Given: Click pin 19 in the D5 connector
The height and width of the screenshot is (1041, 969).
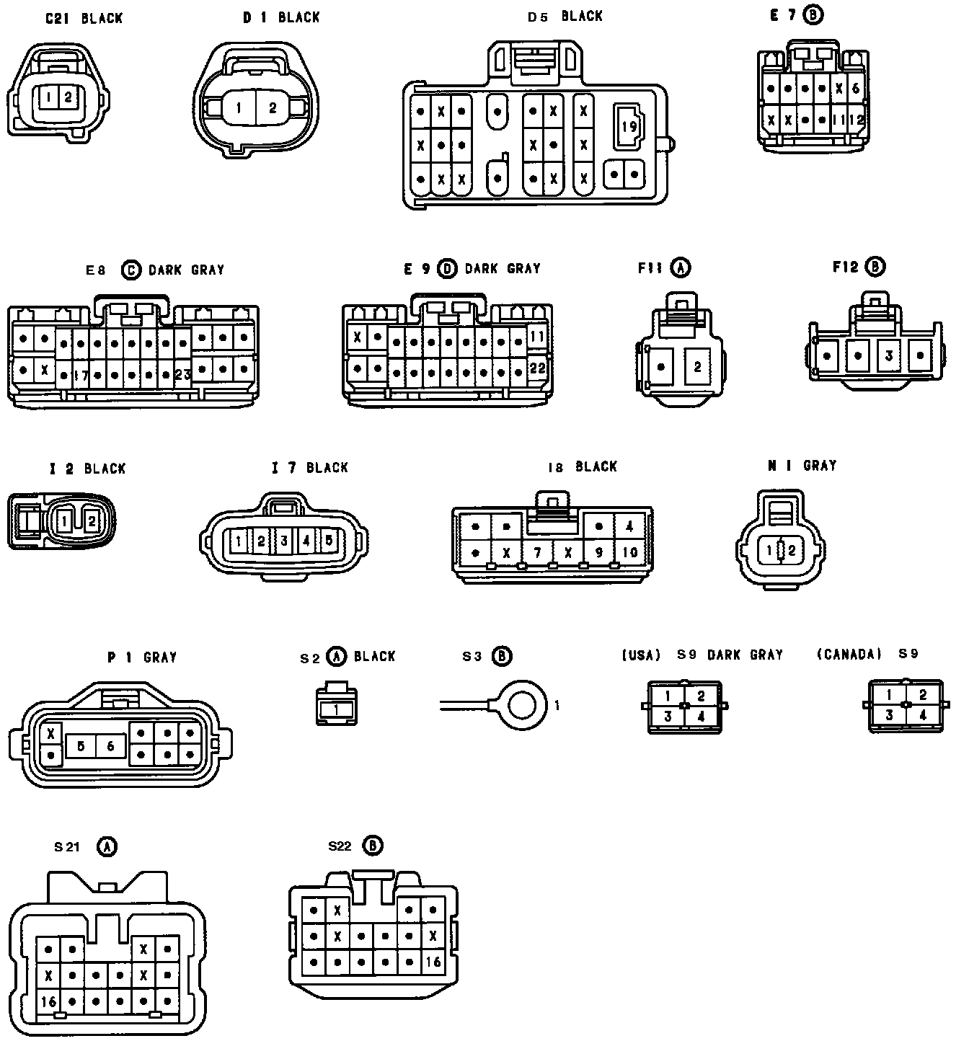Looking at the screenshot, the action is (x=629, y=125).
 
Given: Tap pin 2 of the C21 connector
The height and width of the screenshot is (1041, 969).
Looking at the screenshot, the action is (x=67, y=96).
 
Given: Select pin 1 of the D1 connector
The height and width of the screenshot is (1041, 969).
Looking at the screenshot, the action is (x=239, y=108).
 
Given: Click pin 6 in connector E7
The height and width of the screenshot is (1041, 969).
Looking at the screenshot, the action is (x=856, y=89).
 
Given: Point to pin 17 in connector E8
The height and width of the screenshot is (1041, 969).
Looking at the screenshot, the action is (x=80, y=375).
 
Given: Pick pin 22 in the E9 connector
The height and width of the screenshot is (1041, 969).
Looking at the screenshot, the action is (x=537, y=368).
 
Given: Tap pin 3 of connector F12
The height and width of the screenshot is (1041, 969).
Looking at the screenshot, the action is (x=889, y=355).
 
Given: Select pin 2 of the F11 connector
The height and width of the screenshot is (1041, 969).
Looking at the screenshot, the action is (x=697, y=367).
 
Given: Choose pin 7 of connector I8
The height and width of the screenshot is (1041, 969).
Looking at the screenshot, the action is (x=537, y=553).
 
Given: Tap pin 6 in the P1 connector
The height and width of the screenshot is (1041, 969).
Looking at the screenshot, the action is (x=110, y=746).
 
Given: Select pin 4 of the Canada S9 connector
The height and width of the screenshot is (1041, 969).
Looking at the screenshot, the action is (x=922, y=715).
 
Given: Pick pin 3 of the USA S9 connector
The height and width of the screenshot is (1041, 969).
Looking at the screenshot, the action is (x=668, y=717).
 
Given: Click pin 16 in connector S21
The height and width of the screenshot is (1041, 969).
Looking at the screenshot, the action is (x=48, y=1001).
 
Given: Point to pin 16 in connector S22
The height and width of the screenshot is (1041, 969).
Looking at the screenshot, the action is (x=433, y=962).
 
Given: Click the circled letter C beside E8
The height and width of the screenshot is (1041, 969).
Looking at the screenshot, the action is (x=130, y=270).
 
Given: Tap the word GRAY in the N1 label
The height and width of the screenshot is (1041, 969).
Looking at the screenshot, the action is (x=820, y=466).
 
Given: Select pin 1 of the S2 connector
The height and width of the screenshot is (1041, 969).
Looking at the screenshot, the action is (x=337, y=710).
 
